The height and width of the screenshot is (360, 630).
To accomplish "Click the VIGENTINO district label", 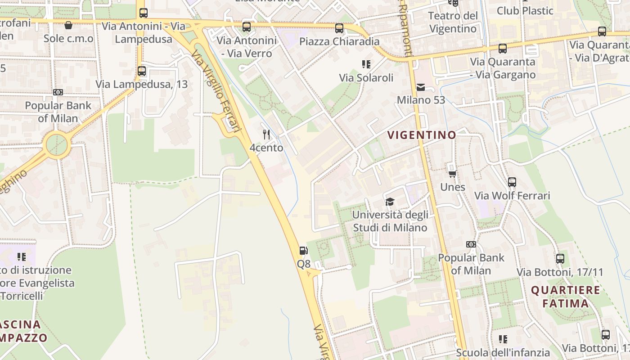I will click(422, 135).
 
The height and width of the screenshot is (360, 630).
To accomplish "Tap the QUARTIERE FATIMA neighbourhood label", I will click(566, 297).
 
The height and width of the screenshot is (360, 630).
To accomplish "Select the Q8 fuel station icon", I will click(304, 251).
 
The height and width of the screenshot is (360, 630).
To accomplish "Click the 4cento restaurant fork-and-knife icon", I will click(266, 134).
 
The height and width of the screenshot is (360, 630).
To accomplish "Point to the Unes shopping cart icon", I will click(452, 173).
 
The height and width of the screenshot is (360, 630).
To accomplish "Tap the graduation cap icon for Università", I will click(390, 202).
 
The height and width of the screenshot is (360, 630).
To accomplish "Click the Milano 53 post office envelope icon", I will click(421, 87).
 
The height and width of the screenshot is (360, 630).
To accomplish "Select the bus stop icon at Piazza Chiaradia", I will click(339, 28).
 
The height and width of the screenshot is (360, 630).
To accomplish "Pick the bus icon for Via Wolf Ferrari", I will click(512, 182).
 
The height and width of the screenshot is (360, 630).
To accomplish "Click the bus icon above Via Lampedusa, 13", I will click(142, 71).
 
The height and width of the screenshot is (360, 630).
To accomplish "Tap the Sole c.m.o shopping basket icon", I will click(68, 25).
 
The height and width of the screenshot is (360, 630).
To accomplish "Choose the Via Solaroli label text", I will click(366, 77).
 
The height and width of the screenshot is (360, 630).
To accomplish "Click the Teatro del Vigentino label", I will click(453, 22).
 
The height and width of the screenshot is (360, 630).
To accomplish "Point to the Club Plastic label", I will click(525, 10).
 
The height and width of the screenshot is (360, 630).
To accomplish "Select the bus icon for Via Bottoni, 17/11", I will click(560, 259).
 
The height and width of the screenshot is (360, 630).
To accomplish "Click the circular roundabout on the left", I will click(57, 144).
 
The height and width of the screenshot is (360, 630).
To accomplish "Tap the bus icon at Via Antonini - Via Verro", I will click(247, 27).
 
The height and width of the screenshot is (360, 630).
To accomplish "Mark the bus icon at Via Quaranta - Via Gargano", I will click(503, 49).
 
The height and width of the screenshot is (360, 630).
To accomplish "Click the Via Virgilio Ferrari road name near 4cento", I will click(216, 90).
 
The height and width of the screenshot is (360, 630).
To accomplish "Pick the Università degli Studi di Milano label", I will click(390, 221).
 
